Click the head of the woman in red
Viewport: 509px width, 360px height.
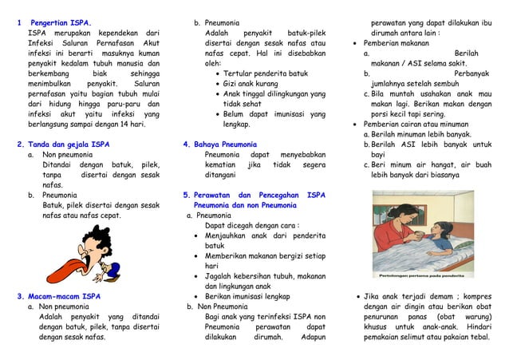395,214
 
